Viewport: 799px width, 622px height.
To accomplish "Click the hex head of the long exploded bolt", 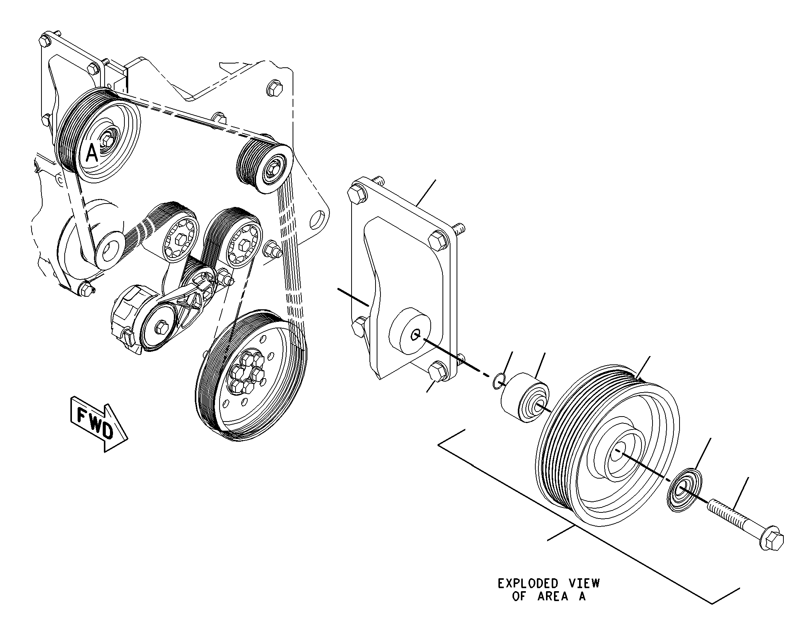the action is pyautogui.click(x=770, y=539).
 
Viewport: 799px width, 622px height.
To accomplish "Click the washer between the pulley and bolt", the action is pyautogui.click(x=685, y=491).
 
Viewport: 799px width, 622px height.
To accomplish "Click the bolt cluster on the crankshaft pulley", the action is pyautogui.click(x=248, y=372).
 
